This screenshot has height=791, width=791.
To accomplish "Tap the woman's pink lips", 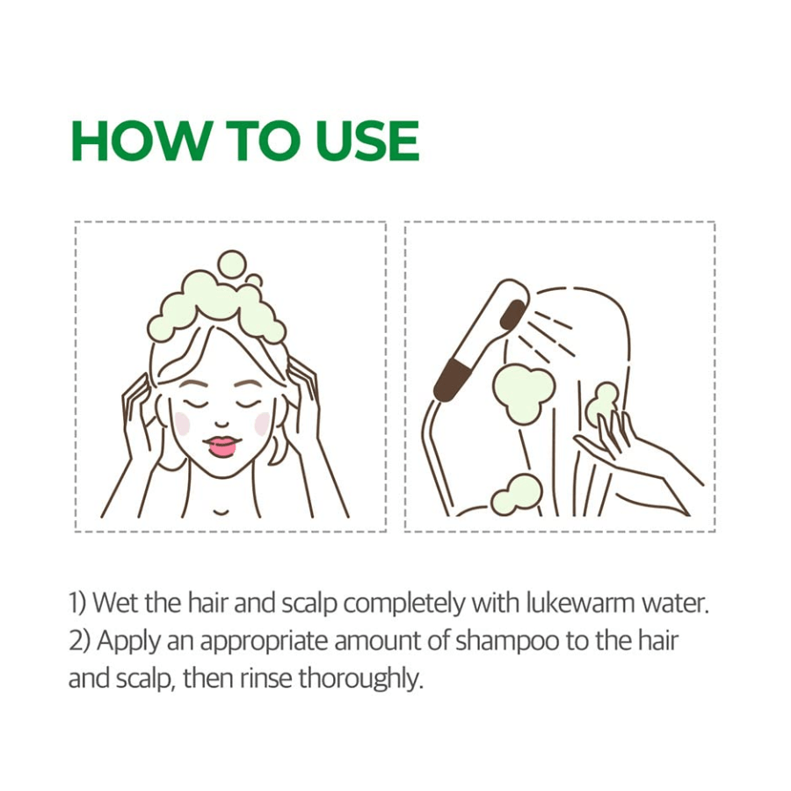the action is click(x=222, y=446).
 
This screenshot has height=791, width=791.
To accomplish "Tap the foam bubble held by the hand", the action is click(x=602, y=403).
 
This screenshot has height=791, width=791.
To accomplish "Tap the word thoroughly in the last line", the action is click(x=360, y=679).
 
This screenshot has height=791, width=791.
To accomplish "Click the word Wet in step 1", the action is click(x=117, y=603).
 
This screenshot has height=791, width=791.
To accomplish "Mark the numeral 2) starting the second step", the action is click(x=80, y=642).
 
